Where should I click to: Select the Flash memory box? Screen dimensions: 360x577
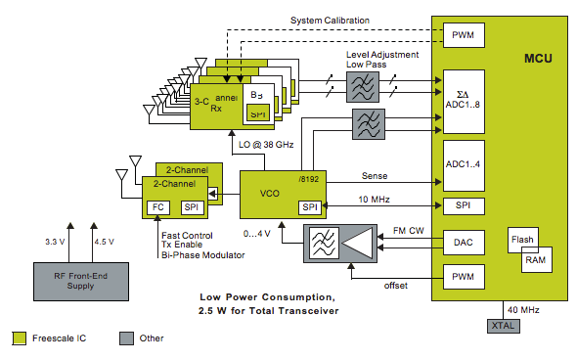point(521,239)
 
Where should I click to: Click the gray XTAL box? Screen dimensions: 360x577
point(501,324)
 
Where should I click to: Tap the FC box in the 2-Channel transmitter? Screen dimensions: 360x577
point(157,207)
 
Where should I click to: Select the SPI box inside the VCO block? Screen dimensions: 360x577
point(310,206)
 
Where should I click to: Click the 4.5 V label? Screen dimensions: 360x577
point(103,241)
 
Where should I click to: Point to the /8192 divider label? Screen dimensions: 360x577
point(313,179)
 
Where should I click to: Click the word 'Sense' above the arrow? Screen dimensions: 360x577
point(374,177)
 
